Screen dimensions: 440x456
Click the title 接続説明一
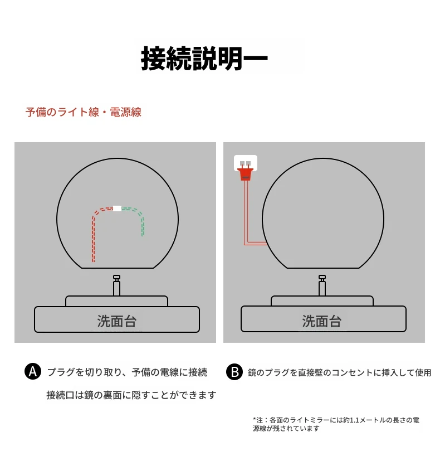[204, 59]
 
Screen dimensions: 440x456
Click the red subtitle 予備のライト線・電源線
[84, 112]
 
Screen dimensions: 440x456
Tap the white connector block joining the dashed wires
[117, 208]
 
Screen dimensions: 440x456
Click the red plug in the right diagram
[246, 173]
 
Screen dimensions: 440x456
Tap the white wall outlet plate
[246, 162]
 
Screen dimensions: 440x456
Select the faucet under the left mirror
[116, 285]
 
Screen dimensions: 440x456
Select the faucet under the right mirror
[322, 285]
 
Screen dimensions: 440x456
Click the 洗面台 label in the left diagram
[117, 321]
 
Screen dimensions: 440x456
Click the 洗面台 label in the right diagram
[322, 321]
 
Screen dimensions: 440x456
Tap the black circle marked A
[33, 371]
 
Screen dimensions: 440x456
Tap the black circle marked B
[234, 372]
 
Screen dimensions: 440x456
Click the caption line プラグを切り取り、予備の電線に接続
[128, 372]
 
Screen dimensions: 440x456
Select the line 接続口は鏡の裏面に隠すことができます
[131, 395]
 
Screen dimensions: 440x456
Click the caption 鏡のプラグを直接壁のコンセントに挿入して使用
[339, 372]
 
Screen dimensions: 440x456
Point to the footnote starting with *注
[336, 424]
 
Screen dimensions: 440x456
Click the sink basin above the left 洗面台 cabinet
[116, 301]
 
